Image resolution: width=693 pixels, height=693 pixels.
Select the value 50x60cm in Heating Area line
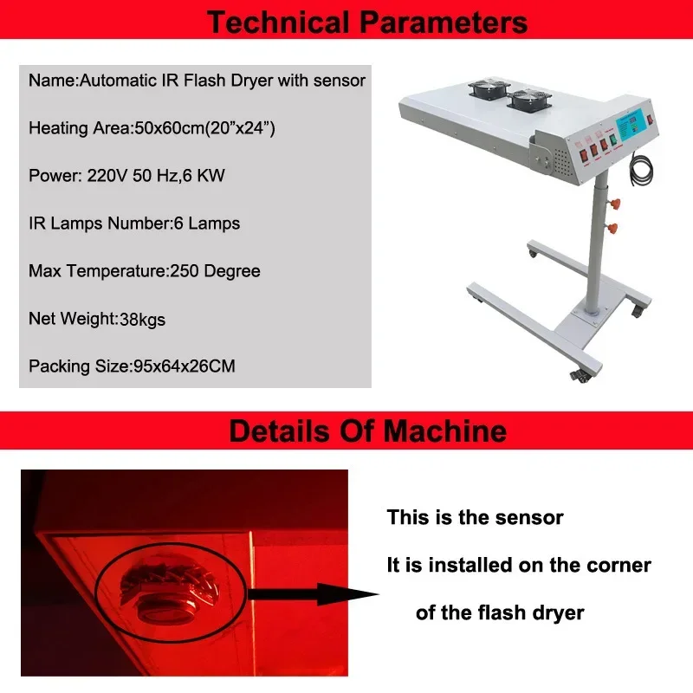(165, 128)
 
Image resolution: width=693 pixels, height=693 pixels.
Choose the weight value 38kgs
(140, 319)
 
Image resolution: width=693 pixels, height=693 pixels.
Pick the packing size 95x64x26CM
(185, 366)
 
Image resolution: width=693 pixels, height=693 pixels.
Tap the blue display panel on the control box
(637, 123)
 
